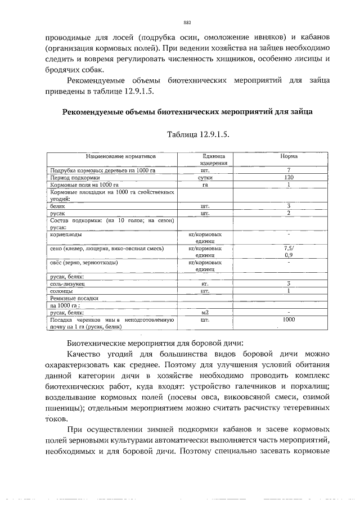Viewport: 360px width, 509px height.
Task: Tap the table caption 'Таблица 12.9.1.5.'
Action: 198,136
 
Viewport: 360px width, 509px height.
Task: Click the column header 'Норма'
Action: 289,156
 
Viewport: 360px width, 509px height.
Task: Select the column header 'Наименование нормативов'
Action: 113,156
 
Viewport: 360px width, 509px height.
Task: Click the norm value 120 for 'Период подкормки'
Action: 289,177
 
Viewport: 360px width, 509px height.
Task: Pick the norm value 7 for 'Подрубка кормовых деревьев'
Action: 289,170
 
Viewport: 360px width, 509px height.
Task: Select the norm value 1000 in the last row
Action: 289,319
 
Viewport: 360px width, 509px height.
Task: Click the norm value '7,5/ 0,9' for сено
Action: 289,251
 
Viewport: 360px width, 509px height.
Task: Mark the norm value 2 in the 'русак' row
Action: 289,213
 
